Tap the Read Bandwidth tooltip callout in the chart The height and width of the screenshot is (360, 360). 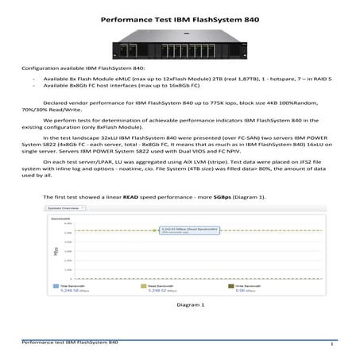coord(184,230)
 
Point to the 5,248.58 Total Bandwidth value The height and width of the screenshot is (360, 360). coord(66,291)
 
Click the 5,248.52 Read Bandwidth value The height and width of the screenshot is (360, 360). coord(157,291)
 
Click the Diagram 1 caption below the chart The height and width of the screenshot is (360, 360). coord(179,304)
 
